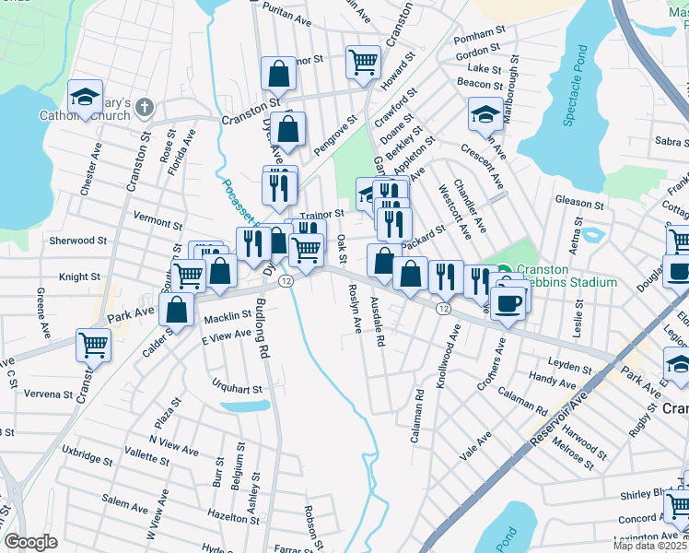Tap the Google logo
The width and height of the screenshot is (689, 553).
[x=30, y=542]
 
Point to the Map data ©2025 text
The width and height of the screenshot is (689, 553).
[x=650, y=546]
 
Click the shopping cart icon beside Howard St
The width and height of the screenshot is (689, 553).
[x=363, y=63]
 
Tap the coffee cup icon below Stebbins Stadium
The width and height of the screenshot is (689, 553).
[x=508, y=301]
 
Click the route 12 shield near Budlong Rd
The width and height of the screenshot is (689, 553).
[x=287, y=280]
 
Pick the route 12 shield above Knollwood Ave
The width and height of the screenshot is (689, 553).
[x=443, y=308]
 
